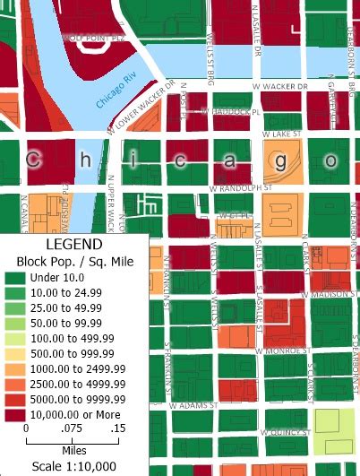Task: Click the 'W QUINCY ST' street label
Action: (x=283, y=431)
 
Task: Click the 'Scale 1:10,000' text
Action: (x=73, y=466)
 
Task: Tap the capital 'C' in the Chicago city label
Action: (x=33, y=160)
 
